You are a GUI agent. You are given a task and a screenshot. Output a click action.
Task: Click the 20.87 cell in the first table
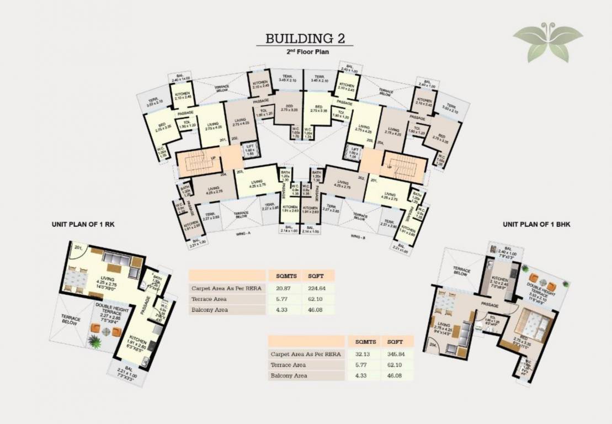coord(283,288)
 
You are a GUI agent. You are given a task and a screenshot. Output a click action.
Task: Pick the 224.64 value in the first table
coord(318,288)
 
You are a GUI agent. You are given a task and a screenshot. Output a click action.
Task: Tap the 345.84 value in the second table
coord(396,354)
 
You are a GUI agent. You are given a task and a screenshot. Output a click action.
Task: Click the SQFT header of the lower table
coord(396,341)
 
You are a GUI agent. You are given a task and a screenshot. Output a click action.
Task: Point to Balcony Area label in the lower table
coord(290,375)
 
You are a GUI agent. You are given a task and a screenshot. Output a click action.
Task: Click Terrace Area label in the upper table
coord(210,299)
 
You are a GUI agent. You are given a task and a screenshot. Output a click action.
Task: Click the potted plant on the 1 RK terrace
coord(97,343)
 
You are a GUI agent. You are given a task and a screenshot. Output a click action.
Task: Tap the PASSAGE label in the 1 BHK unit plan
coord(489,305)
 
